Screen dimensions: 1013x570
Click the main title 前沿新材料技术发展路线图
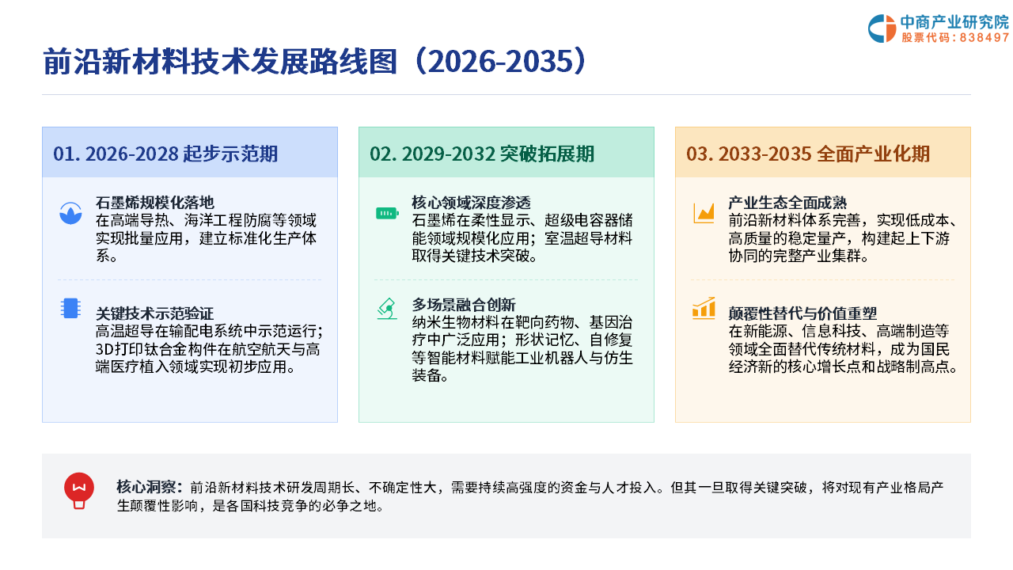tap(220, 61)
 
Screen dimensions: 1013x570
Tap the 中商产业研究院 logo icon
tap(882, 28)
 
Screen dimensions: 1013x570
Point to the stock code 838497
tap(985, 37)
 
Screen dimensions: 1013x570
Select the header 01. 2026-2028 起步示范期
tap(165, 154)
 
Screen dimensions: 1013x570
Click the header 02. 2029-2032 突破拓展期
tap(482, 154)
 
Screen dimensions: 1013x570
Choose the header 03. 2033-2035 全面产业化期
tap(808, 154)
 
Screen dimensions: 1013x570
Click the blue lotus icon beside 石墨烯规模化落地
tap(70, 213)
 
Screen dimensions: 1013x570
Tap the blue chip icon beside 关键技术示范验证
tap(70, 309)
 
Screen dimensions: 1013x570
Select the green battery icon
tap(387, 213)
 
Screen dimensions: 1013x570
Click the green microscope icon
tap(387, 309)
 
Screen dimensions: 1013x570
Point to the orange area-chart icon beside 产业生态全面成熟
tap(704, 213)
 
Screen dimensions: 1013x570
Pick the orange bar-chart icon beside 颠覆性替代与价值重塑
tap(704, 309)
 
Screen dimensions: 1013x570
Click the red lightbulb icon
tap(79, 491)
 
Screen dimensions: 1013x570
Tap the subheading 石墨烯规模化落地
tap(154, 202)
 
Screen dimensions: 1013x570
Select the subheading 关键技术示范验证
tap(154, 313)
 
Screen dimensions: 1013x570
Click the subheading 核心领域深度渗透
tap(471, 202)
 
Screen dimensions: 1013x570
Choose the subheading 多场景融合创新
tap(464, 305)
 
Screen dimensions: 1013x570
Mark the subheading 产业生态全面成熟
tap(787, 202)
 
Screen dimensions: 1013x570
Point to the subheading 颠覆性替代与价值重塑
tap(802, 313)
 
